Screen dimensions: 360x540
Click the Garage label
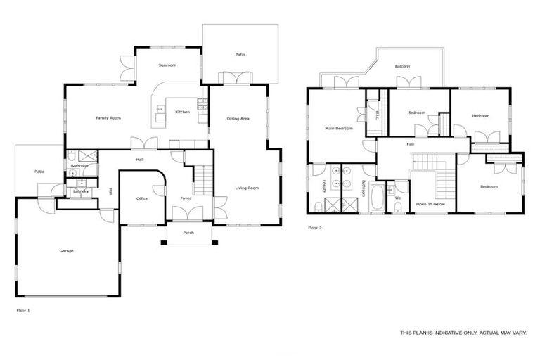[66, 251]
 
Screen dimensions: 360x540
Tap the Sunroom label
[167, 65]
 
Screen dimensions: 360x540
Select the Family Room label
[108, 118]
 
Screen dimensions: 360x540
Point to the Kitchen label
[182, 112]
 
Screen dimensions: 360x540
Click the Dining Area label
[238, 119]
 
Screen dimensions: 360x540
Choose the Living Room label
[247, 188]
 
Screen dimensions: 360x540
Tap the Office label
[141, 199]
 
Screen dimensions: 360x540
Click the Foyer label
[186, 199]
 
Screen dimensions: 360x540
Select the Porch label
[188, 233]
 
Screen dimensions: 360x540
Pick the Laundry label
[80, 191]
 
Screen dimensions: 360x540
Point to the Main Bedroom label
[338, 129]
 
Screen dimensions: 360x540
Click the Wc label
[398, 198]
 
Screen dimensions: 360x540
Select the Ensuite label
[323, 186]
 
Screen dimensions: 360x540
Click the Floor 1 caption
[23, 309]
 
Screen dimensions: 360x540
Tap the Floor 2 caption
[315, 228]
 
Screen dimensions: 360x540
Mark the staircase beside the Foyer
[202, 181]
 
